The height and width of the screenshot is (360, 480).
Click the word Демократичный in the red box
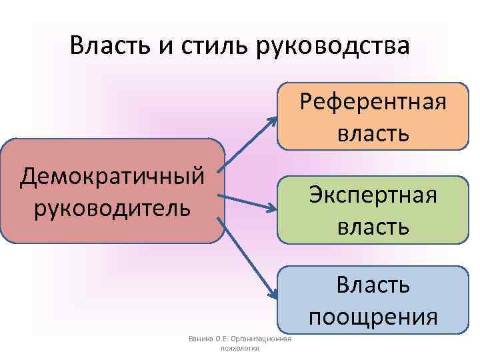[x=111, y=177]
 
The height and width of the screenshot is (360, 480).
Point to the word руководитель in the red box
[x=111, y=207]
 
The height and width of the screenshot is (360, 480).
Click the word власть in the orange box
[x=373, y=133]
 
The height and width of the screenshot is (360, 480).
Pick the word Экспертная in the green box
[x=373, y=195]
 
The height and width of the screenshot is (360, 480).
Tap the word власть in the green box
[x=373, y=226]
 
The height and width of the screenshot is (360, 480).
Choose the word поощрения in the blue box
[x=373, y=315]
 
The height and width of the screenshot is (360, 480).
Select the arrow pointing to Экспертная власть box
[x=247, y=203]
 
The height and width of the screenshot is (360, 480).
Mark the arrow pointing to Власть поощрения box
[x=247, y=260]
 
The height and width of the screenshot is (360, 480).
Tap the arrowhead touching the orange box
[x=273, y=121]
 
